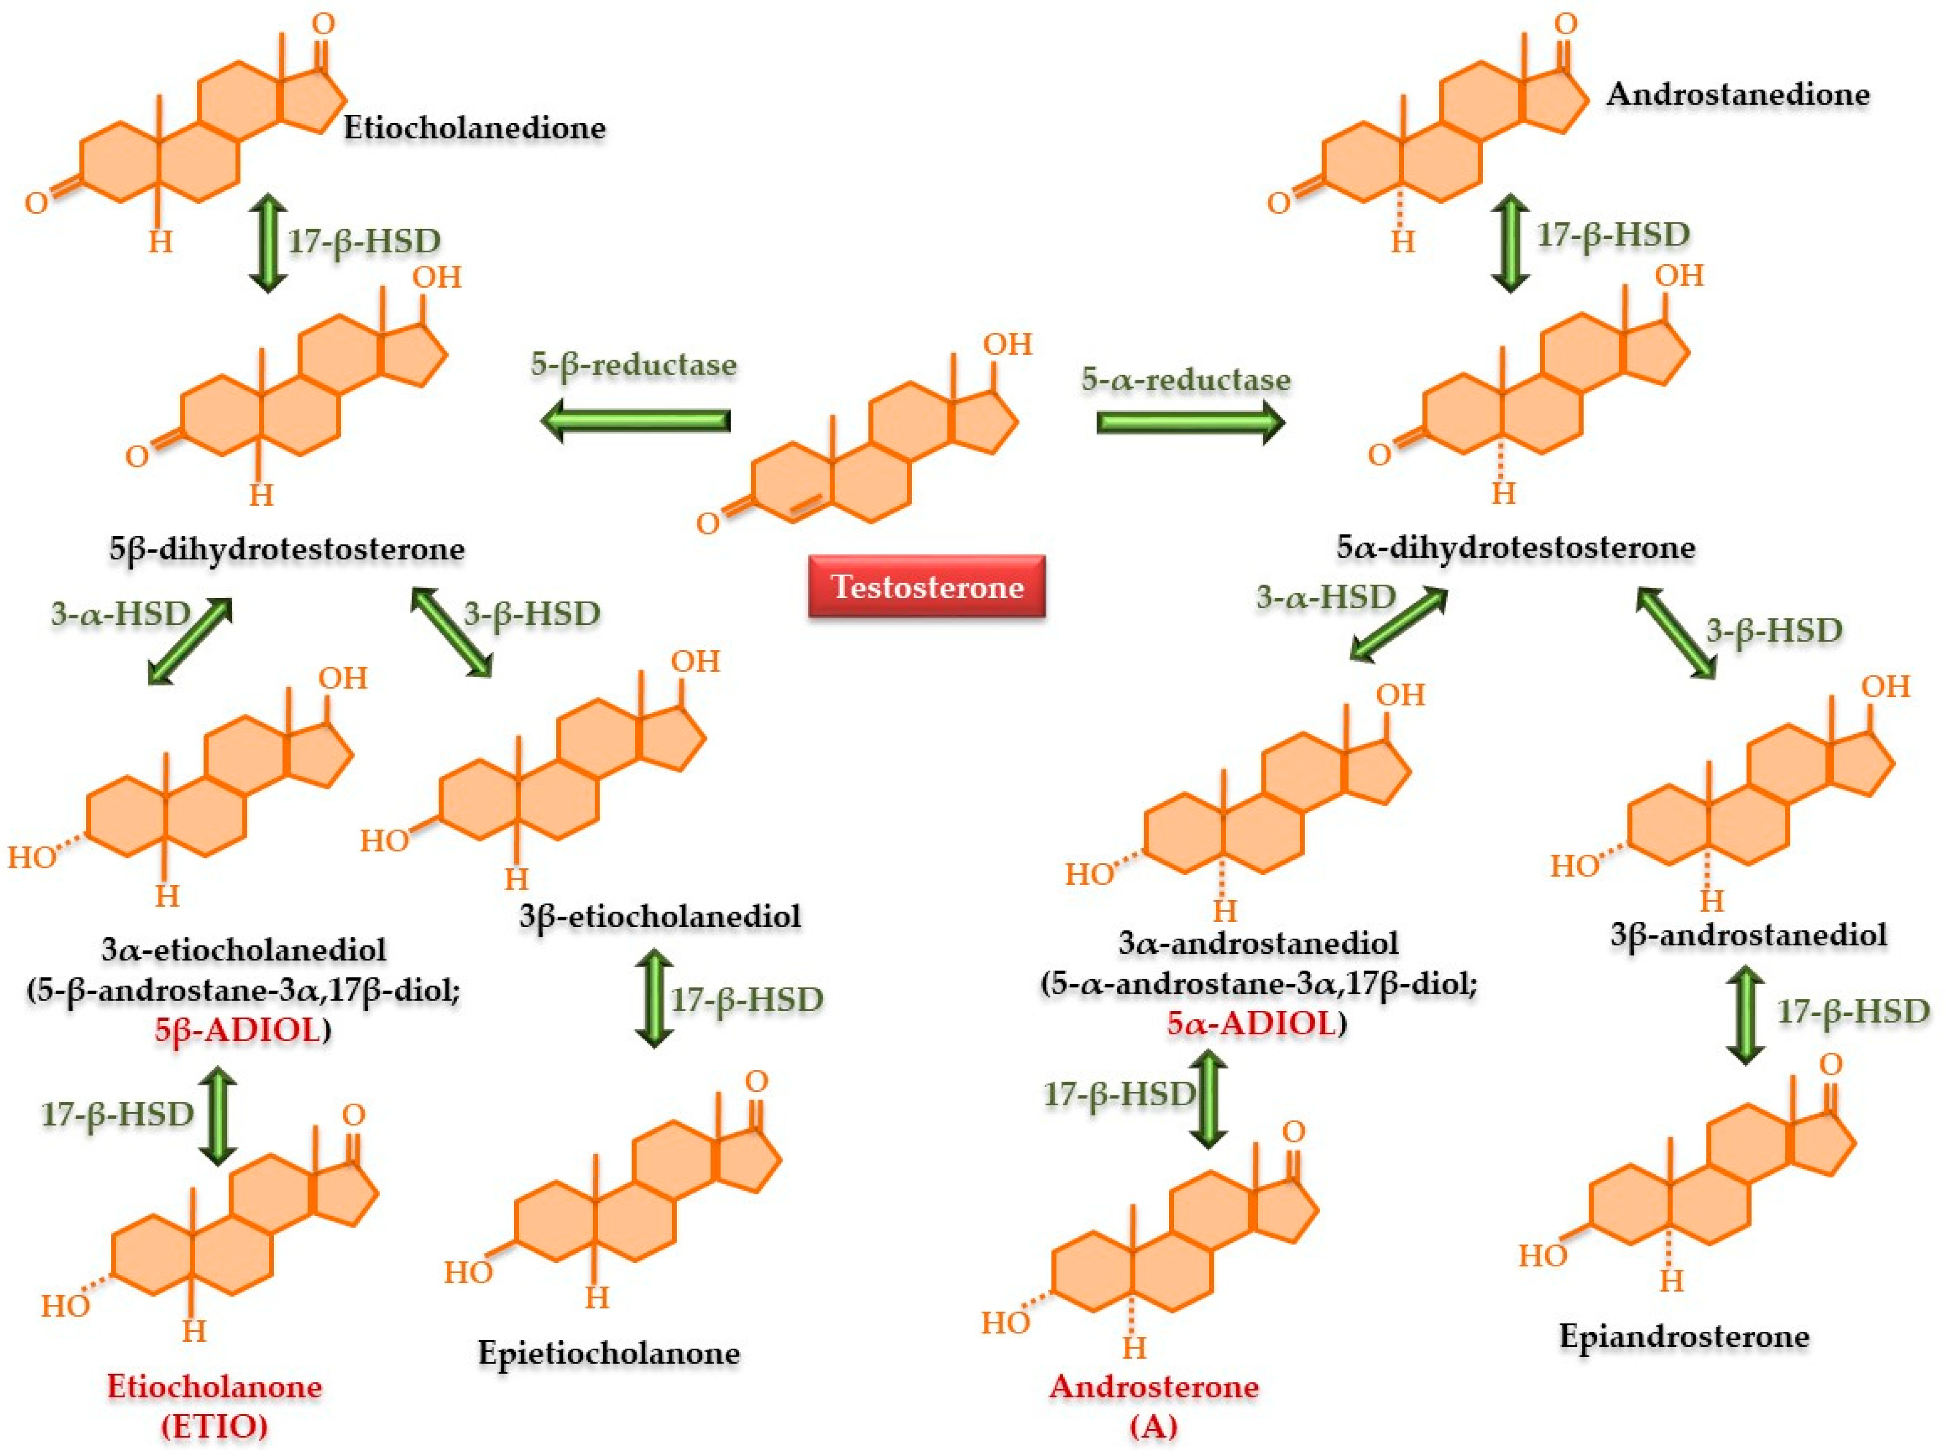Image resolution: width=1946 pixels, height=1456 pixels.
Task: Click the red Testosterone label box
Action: click(x=927, y=586)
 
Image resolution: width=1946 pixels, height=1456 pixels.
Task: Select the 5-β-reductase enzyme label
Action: click(x=633, y=364)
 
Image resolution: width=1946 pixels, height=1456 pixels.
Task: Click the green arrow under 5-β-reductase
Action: click(x=635, y=421)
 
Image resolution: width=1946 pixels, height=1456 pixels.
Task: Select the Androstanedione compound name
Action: click(x=1737, y=94)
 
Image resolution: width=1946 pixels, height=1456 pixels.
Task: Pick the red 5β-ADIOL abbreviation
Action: click(x=237, y=1030)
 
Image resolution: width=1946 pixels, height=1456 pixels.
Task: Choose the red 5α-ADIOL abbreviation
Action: click(x=1251, y=1023)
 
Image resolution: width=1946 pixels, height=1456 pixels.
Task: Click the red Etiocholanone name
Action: click(x=215, y=1386)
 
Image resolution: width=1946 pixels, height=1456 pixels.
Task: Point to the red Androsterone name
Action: click(x=1154, y=1386)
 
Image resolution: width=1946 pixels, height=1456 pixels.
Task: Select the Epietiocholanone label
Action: click(x=609, y=1352)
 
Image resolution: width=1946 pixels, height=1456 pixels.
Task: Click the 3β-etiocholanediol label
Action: click(x=660, y=916)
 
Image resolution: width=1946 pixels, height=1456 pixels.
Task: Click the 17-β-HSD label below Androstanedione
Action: click(x=1613, y=235)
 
